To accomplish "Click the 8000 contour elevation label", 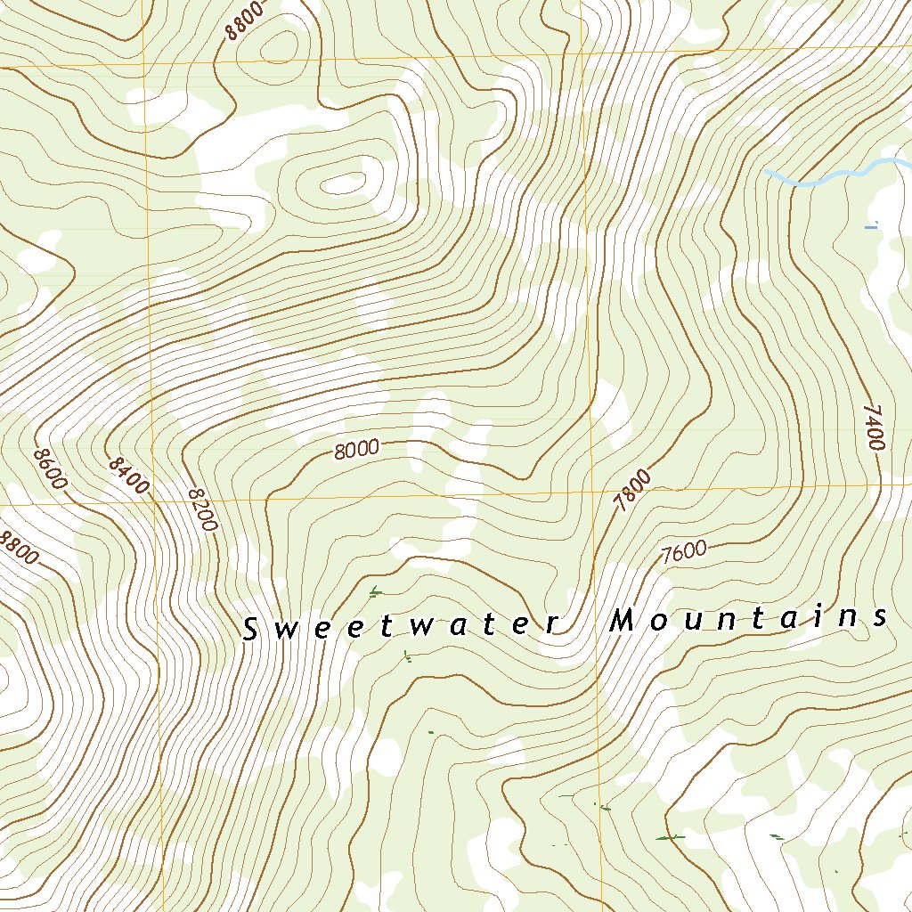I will [357, 450].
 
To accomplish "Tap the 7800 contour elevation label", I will [633, 491].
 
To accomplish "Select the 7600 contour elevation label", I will [684, 552].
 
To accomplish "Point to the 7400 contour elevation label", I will [874, 427].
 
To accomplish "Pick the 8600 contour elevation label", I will [50, 468].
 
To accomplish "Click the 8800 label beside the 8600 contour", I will [19, 548].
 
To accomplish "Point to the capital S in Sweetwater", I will [251, 630].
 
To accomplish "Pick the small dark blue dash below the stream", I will [871, 228].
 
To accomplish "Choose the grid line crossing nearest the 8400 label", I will [155, 501].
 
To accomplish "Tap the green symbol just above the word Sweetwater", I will [375, 590].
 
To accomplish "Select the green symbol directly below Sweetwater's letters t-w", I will [407, 657].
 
